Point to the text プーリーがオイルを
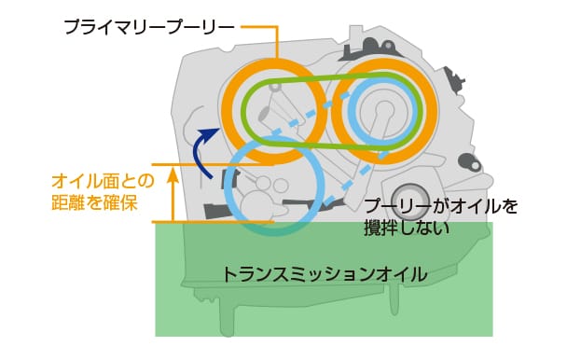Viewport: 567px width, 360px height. click(x=440, y=206)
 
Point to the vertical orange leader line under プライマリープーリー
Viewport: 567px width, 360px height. click(x=278, y=45)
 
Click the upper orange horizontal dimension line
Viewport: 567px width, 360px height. click(x=187, y=166)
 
